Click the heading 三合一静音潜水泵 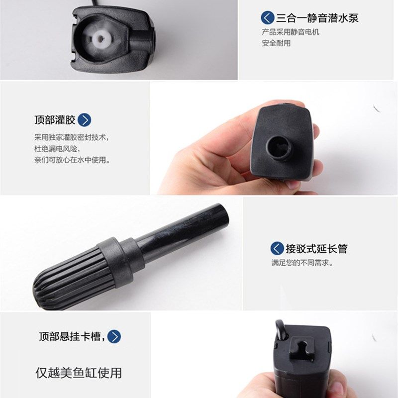(317, 18)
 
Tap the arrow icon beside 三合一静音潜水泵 (268, 18)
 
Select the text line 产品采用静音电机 (291, 32)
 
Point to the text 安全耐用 (276, 43)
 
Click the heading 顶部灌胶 (54, 120)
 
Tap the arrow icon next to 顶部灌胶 (85, 120)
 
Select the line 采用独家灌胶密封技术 (71, 137)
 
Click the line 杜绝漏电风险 (57, 148)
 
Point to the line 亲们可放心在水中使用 (72, 160)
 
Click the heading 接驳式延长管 (316, 249)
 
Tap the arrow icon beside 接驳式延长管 (277, 249)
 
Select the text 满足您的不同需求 (302, 263)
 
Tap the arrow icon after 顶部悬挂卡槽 (114, 337)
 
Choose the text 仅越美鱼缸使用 (78, 372)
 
